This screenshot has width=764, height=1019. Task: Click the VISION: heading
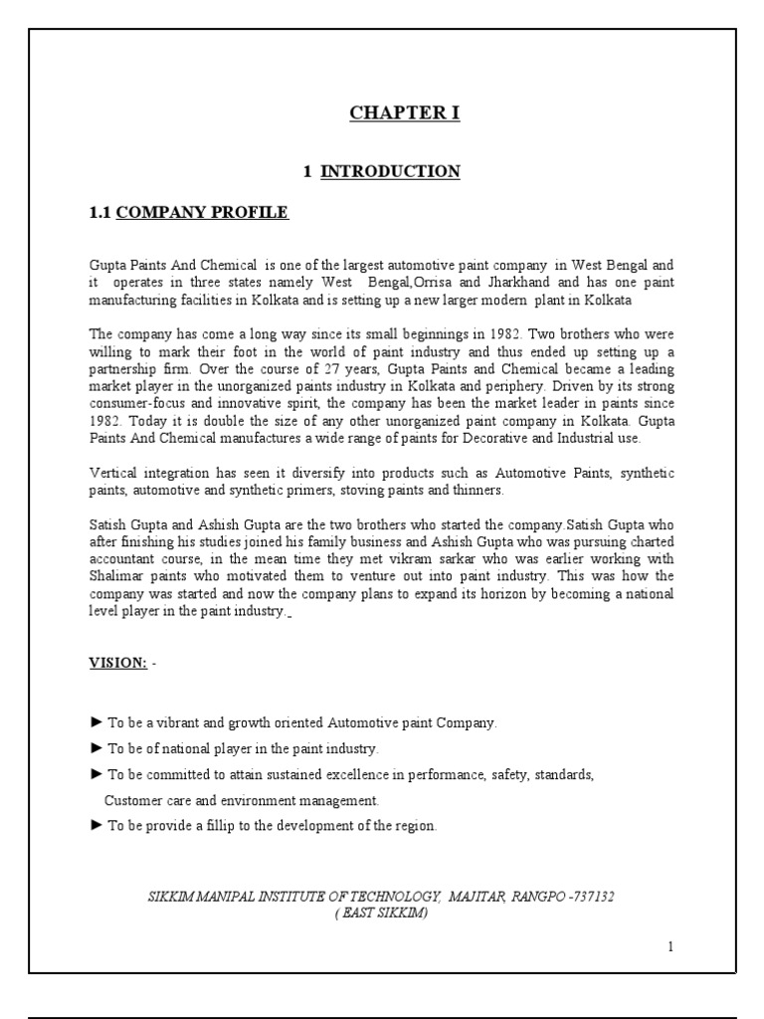tap(117, 663)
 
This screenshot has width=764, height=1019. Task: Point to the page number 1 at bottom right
tap(670, 946)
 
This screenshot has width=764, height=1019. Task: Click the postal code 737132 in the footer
tap(593, 897)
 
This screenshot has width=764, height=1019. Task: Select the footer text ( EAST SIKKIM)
tap(381, 913)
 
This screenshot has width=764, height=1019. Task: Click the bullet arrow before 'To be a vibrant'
tap(95, 722)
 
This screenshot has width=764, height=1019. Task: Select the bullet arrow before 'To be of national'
tap(95, 748)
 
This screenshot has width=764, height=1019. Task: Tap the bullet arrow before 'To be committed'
tap(95, 774)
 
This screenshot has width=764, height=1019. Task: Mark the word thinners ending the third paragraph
tap(477, 491)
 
